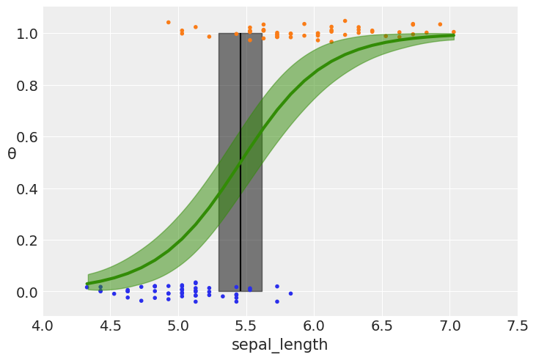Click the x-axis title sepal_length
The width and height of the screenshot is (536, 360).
point(279,345)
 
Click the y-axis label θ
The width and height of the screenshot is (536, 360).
point(12,154)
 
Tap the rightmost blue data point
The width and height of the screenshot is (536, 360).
point(290,293)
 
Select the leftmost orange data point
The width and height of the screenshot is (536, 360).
point(168,22)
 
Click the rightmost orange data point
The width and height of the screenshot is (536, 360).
point(453,32)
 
